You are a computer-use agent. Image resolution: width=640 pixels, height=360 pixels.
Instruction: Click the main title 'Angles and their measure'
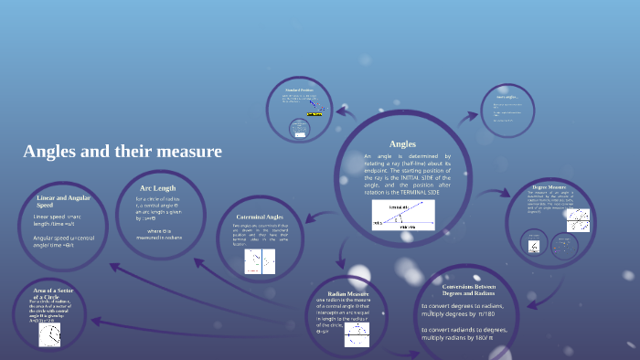tap(122, 151)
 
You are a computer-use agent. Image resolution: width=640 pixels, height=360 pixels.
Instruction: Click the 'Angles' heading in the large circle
tap(402, 144)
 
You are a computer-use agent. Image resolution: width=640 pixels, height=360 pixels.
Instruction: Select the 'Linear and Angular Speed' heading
tap(61, 201)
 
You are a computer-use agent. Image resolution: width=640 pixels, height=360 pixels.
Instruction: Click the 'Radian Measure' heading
tap(346, 293)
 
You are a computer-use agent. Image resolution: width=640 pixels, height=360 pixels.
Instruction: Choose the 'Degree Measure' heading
tap(549, 186)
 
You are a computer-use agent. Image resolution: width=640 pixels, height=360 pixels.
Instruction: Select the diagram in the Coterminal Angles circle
tap(260, 262)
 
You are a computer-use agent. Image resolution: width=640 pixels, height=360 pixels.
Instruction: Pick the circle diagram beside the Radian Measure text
tap(357, 334)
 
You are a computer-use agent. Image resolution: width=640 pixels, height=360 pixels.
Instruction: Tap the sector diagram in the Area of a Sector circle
tap(49, 335)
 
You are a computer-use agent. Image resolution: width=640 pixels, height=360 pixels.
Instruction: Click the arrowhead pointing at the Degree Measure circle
tap(514, 195)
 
